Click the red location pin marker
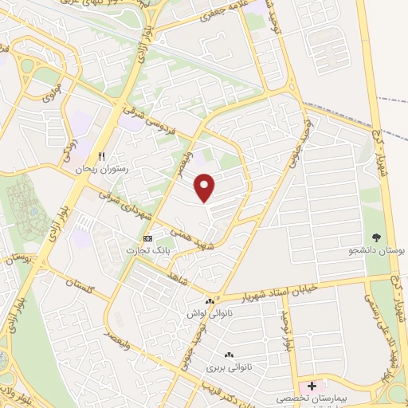tap(206, 187)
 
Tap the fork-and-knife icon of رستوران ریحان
tap(101, 156)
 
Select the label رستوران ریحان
tap(101, 169)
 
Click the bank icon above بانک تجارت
tap(147, 238)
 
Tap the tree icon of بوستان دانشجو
tap(377, 237)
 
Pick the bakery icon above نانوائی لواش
tap(210, 301)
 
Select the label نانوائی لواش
tap(206, 314)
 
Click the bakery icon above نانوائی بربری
tap(229, 355)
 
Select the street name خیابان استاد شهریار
tap(284, 289)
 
